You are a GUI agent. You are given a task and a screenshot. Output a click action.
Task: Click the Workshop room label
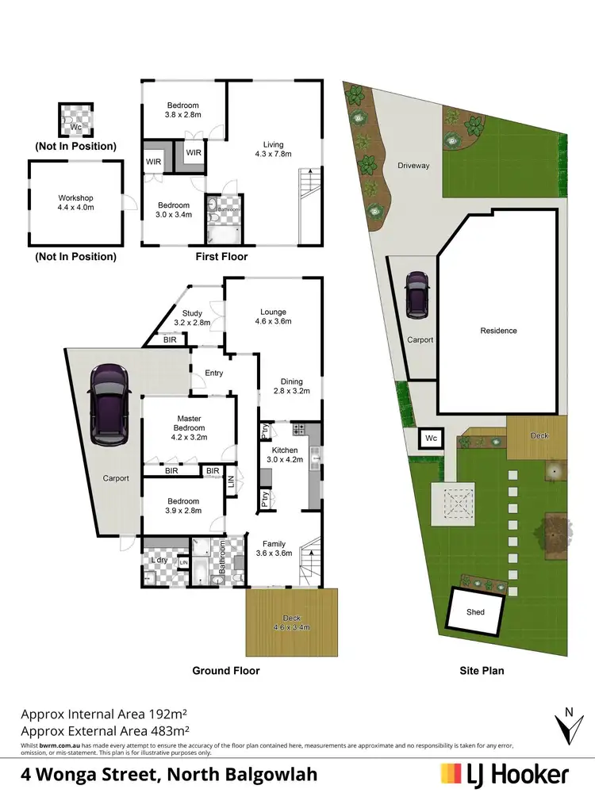[x=76, y=203]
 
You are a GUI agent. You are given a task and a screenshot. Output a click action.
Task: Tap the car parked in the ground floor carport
[x=109, y=404]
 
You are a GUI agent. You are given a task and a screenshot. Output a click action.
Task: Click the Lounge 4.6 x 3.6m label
[x=273, y=316]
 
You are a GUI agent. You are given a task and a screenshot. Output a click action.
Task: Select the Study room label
[x=192, y=318]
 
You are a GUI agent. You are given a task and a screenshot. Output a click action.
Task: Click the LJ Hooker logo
[x=505, y=773]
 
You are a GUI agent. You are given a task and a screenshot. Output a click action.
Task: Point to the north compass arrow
[x=565, y=723]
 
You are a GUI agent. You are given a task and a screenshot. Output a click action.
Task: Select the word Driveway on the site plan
[x=413, y=166]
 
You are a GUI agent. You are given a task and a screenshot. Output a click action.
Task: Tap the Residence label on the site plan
[x=498, y=331]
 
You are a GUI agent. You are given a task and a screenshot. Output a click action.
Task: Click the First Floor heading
[x=221, y=257]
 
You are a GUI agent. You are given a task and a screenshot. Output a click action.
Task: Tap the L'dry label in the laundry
[x=159, y=561]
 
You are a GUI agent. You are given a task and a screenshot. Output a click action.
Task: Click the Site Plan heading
[x=482, y=671]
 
